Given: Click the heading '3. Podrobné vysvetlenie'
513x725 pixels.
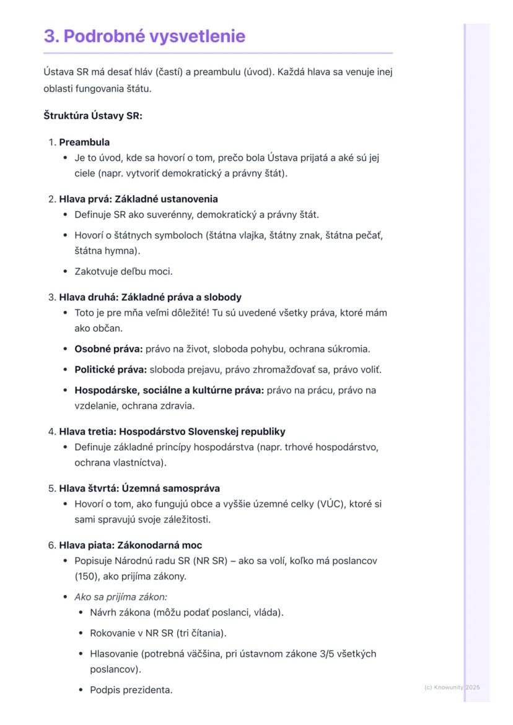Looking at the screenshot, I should pyautogui.click(x=144, y=36).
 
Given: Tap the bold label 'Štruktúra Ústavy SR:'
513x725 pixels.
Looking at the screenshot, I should pyautogui.click(x=93, y=115).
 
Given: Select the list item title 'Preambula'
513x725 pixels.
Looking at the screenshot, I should pyautogui.click(x=84, y=142).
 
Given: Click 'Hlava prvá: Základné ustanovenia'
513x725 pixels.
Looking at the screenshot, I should pyautogui.click(x=138, y=199).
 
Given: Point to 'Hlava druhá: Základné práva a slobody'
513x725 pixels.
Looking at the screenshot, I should pyautogui.click(x=150, y=297).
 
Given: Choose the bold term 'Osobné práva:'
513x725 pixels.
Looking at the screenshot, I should pyautogui.click(x=108, y=349).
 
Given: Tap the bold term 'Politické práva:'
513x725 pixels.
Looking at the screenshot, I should pyautogui.click(x=110, y=370).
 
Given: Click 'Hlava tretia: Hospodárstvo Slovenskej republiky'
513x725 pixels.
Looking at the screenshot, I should pyautogui.click(x=172, y=432).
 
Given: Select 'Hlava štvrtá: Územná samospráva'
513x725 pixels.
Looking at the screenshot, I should pyautogui.click(x=139, y=488).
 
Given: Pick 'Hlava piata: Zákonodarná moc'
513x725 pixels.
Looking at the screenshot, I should pyautogui.click(x=130, y=545).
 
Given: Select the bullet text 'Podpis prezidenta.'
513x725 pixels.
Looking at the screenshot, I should pyautogui.click(x=131, y=690).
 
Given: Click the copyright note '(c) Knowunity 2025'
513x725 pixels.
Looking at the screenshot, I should pyautogui.click(x=452, y=687).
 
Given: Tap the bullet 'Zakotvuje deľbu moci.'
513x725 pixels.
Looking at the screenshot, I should pyautogui.click(x=123, y=271).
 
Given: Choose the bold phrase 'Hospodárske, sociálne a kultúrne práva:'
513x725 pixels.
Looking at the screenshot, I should pyautogui.click(x=169, y=391).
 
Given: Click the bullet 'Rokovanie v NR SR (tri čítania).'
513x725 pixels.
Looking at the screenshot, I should pyautogui.click(x=158, y=633).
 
